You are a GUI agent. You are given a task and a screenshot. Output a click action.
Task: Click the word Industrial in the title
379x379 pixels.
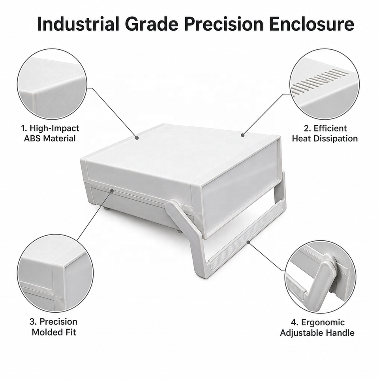[x=79, y=24]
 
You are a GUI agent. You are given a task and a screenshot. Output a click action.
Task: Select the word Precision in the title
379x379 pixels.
[x=224, y=24]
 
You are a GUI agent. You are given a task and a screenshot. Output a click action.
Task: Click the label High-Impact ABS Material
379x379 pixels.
[x=50, y=133]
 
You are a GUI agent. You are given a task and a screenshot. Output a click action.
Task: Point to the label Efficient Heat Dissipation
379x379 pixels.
[x=325, y=133]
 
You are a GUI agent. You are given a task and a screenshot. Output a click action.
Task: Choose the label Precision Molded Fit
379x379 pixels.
[x=54, y=327]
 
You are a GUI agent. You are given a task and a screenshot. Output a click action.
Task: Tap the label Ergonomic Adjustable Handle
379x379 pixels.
[x=317, y=328]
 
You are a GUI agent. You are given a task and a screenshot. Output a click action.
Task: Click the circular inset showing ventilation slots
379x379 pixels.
[x=325, y=84]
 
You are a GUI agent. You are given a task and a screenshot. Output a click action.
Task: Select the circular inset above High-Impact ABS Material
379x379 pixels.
[x=52, y=84]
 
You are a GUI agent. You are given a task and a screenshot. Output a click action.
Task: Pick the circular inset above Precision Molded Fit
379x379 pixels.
[x=55, y=273]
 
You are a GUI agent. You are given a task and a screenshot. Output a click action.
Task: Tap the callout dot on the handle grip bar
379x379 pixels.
[x=248, y=242]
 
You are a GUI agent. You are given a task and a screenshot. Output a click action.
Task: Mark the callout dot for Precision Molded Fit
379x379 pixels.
[x=112, y=191]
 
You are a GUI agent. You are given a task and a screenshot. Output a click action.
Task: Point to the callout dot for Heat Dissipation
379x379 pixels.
[x=242, y=135]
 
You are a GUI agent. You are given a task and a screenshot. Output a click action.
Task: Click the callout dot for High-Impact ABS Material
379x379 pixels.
[x=137, y=138]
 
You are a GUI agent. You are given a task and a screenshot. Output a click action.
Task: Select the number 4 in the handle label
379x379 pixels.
[x=293, y=323]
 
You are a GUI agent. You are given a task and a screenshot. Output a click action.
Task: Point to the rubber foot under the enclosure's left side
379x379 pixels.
[x=105, y=207]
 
